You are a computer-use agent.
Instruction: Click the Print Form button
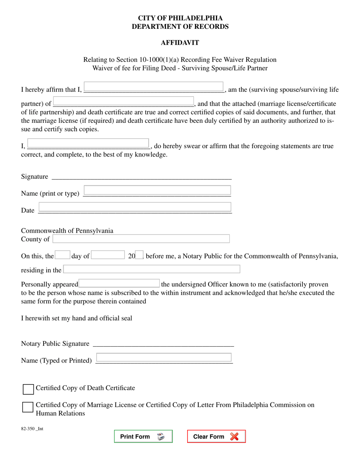point(143,436)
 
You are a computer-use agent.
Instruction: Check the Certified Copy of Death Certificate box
point(28,389)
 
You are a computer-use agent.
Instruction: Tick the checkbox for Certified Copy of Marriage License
point(28,407)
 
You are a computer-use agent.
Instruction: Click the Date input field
point(135,207)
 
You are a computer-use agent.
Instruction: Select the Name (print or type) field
point(157,190)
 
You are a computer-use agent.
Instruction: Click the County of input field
point(141,239)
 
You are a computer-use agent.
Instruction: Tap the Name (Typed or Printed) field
point(164,357)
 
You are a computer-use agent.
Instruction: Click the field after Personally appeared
point(119,284)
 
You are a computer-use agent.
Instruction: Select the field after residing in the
point(152,269)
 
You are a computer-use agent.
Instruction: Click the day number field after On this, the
point(63,255)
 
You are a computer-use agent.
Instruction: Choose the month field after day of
point(108,255)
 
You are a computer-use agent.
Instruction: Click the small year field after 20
point(139,255)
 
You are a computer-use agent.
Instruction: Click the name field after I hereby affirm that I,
point(153,87)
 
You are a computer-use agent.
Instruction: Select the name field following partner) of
point(124,101)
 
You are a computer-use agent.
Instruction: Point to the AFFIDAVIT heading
point(180,43)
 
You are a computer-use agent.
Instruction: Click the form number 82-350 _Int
point(32,429)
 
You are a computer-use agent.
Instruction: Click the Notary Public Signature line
point(163,344)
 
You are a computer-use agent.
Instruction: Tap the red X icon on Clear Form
point(235,436)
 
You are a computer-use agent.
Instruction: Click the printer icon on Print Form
point(161,436)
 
